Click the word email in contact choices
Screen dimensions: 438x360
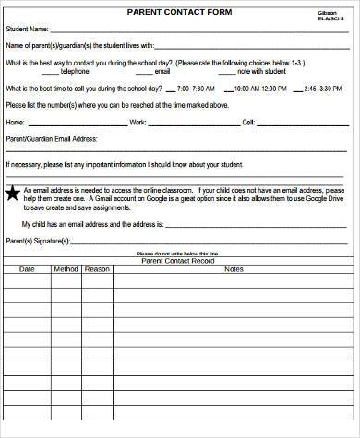(x=162, y=69)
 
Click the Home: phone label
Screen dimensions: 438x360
(x=16, y=122)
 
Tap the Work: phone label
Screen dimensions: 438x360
(x=138, y=122)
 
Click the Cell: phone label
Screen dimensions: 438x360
(x=248, y=122)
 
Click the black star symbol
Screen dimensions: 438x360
(x=13, y=192)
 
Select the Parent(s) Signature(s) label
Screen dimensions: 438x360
(x=39, y=241)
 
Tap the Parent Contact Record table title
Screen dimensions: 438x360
(x=177, y=261)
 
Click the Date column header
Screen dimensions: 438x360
(x=27, y=269)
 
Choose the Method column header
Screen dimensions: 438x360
(x=66, y=269)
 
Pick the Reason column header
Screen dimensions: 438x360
(x=96, y=269)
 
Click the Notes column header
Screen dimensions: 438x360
(x=234, y=269)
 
